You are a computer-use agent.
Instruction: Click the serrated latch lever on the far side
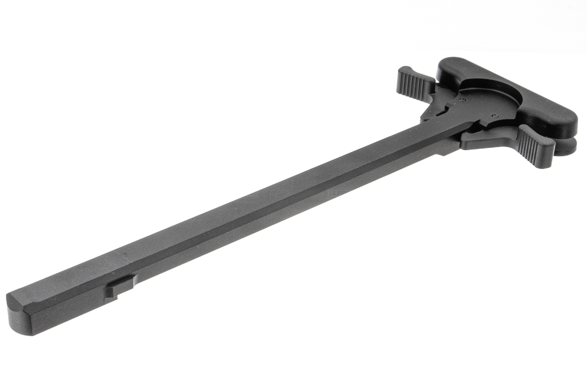(x=415, y=85)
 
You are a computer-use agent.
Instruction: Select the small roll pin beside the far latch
(x=464, y=98)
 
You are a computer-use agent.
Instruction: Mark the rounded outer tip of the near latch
(x=546, y=158)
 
